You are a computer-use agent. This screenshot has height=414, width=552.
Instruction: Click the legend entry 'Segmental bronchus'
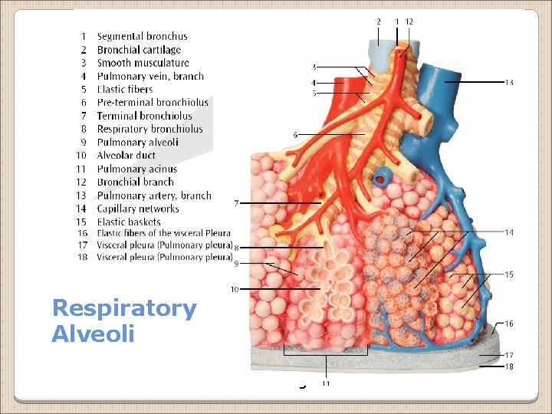142,36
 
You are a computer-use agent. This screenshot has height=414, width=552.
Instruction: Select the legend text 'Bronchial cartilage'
139,50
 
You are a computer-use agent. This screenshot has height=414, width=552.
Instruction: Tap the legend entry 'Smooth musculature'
143,63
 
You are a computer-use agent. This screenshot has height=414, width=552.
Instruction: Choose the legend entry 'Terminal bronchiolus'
144,116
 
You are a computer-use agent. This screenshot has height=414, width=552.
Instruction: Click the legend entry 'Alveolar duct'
127,156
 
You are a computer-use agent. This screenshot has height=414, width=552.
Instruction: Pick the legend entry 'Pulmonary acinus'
136,169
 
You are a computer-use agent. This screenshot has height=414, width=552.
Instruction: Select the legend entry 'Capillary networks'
138,209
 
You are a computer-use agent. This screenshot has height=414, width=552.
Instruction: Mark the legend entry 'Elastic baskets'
129,222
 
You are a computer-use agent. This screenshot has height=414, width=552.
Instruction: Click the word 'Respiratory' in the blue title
124,308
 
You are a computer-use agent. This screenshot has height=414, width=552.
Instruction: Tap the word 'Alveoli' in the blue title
93,333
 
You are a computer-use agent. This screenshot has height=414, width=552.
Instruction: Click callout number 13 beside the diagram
509,82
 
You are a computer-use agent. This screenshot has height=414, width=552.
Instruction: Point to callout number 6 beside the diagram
295,135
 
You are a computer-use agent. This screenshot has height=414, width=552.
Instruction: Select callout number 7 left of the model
237,203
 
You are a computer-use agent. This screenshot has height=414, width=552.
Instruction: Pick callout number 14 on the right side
509,232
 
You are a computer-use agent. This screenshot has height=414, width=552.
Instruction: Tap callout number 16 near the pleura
509,324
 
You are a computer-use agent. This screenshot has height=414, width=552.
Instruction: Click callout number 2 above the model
378,21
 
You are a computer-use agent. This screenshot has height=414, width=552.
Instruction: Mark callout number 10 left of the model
235,289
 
